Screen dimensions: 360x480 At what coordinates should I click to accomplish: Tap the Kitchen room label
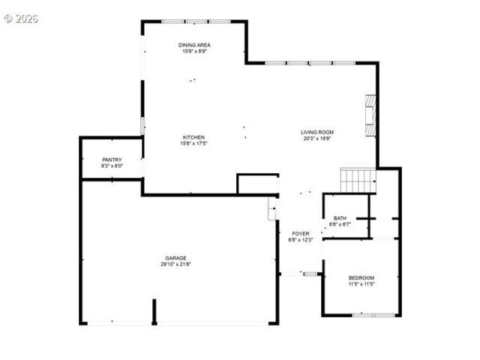tap(193, 137)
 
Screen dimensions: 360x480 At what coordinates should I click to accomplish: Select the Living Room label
tap(318, 133)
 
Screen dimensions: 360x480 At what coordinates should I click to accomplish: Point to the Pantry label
tap(112, 160)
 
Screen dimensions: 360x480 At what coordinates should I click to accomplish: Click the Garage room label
tap(176, 258)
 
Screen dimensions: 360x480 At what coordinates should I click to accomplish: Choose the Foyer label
tap(301, 234)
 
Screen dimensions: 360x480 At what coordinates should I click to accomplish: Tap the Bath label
tap(340, 218)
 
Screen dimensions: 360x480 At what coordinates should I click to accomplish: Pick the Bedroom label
tap(361, 278)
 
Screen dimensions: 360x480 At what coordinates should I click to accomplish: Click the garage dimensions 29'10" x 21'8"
tap(176, 264)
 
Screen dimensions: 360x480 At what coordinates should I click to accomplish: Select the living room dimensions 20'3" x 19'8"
tap(318, 139)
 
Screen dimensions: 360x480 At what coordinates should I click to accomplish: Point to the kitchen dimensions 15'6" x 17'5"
tap(193, 143)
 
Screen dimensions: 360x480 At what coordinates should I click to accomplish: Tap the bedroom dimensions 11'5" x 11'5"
tap(361, 284)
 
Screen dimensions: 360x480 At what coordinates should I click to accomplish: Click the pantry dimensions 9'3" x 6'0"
tap(112, 166)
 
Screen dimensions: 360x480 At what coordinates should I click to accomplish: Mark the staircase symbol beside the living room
tap(358, 180)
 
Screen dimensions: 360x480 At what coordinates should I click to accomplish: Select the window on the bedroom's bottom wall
tap(373, 315)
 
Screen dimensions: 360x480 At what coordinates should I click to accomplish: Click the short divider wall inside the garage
tap(154, 311)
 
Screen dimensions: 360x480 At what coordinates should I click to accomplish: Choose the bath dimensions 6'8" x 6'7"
tap(341, 224)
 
